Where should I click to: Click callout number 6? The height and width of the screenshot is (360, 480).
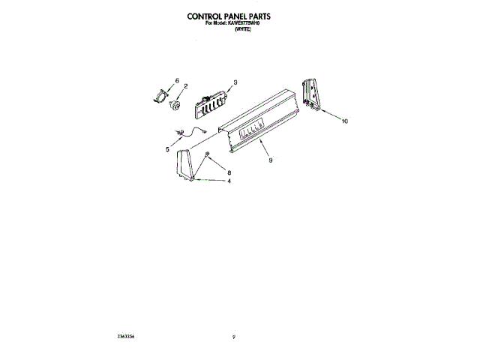[177, 79]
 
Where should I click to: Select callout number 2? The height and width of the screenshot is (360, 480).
[185, 87]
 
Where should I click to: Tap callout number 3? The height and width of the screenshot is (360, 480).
[235, 82]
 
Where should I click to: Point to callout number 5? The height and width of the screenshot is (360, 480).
[167, 149]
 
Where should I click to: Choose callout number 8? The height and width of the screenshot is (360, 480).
[229, 173]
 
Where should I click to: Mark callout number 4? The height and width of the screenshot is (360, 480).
[229, 181]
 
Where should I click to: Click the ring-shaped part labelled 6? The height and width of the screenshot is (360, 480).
[161, 94]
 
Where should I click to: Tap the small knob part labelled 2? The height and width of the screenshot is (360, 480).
[174, 104]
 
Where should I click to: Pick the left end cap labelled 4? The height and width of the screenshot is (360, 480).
[187, 165]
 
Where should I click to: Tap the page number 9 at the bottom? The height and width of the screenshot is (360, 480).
[235, 338]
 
